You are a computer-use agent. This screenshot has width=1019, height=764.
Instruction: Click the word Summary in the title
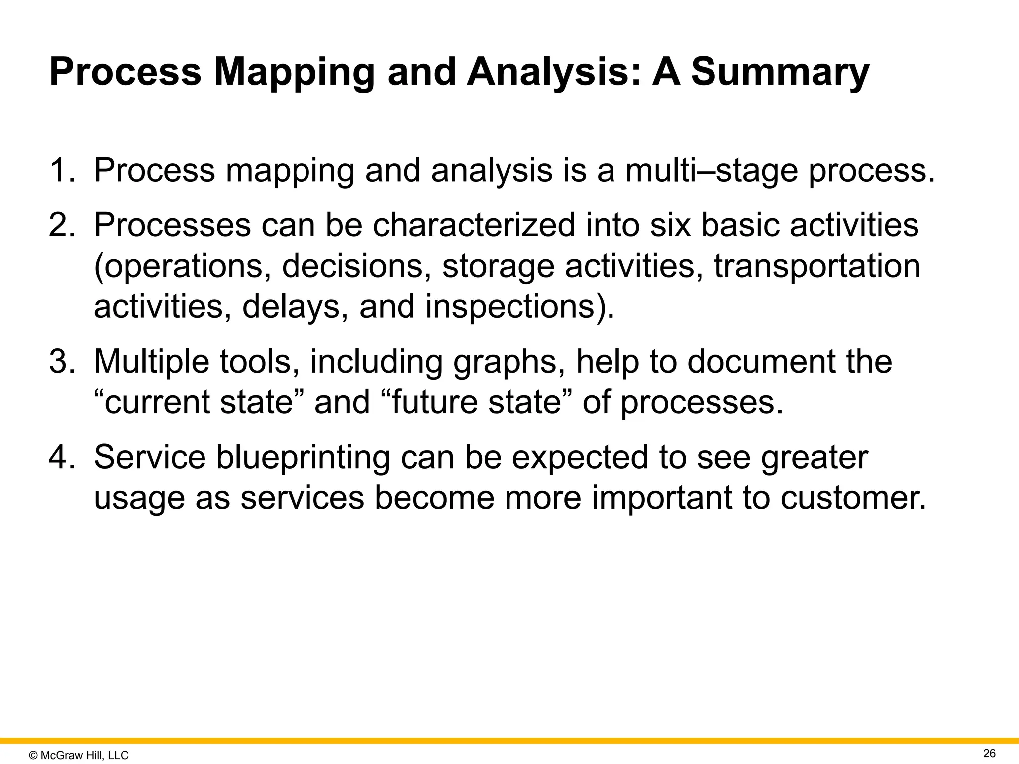coord(780,73)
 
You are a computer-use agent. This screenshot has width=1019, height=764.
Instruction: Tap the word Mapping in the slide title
coord(294,73)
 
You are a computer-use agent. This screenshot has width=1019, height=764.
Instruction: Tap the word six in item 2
coord(670,225)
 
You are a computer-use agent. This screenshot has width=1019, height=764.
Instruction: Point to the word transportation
coord(817,266)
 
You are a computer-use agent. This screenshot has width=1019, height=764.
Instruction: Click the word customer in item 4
coord(852,498)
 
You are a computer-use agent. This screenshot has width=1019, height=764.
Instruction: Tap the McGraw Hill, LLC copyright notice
coord(79,755)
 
